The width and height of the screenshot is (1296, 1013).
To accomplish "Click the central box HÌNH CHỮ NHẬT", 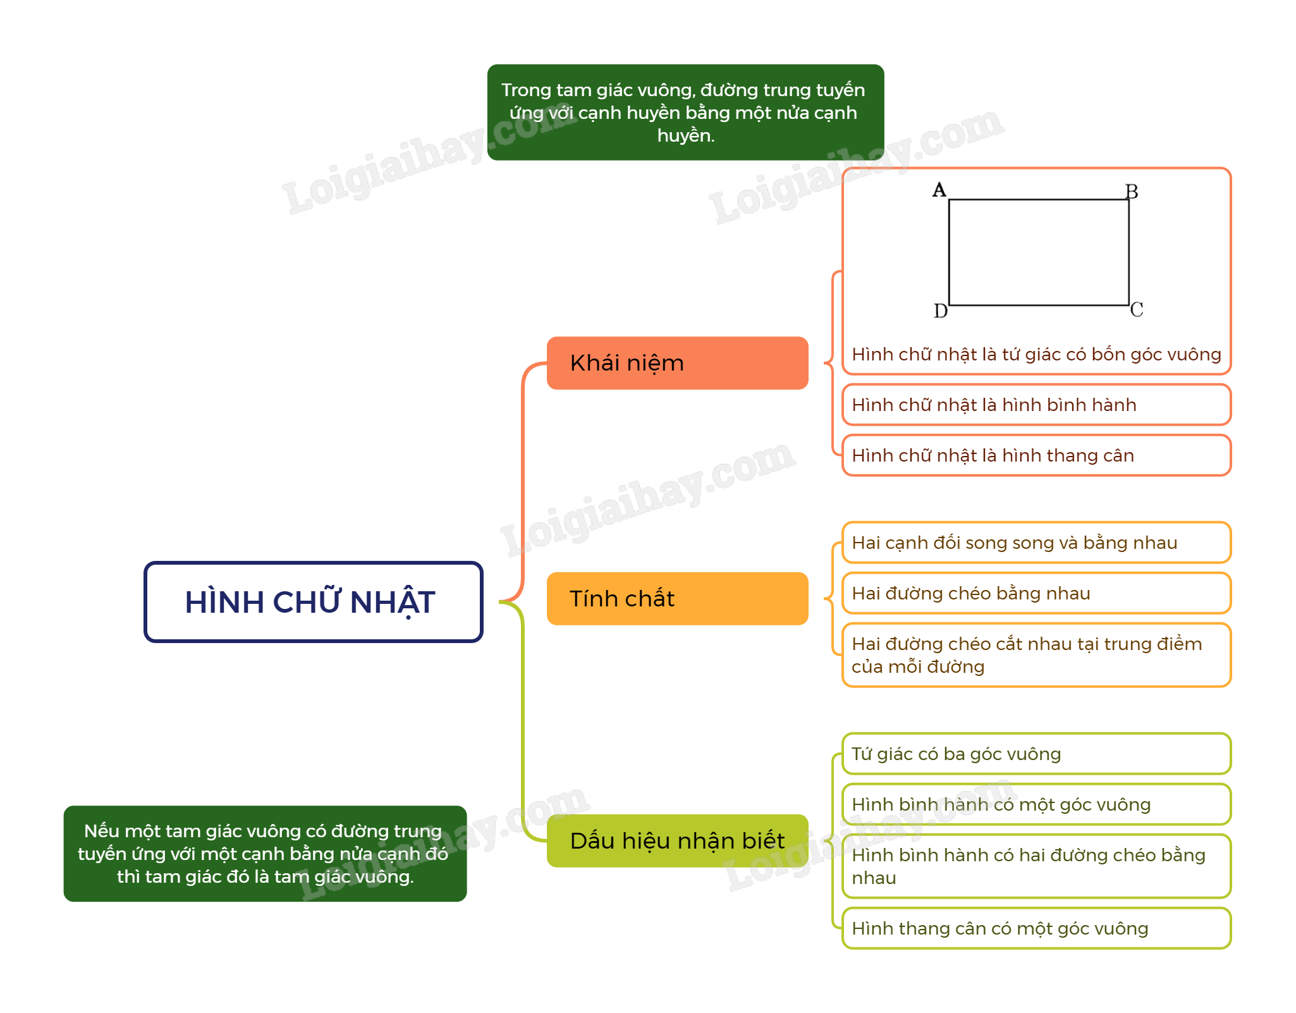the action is click(x=314, y=602).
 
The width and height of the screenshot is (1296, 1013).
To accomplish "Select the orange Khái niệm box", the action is click(x=677, y=363).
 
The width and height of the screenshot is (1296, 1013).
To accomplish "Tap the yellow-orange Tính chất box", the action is click(x=677, y=599).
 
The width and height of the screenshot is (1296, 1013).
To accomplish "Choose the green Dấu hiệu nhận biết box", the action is click(x=677, y=841).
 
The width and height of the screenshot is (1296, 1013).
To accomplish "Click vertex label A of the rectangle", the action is click(x=939, y=190).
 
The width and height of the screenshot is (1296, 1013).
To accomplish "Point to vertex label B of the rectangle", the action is click(x=1132, y=192).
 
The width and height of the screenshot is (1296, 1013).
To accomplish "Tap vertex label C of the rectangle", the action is click(x=1137, y=310).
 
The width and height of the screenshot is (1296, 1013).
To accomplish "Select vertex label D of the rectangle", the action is click(x=941, y=311).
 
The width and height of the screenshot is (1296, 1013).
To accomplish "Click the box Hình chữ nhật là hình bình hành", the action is click(x=1037, y=405).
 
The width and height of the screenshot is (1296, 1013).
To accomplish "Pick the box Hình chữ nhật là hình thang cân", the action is click(x=1037, y=455).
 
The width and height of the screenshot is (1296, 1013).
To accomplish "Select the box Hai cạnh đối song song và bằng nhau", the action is click(x=1037, y=543).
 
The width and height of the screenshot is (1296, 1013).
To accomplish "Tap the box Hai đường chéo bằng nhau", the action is click(x=1037, y=593).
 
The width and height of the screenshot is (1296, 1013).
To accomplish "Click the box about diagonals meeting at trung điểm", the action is click(x=1037, y=655).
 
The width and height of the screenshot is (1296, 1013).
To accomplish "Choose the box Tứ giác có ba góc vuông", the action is click(x=1037, y=754).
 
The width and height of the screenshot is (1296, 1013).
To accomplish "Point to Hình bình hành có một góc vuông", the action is click(x=1037, y=804).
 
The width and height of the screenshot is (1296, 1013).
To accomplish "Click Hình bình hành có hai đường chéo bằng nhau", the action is click(x=1037, y=866).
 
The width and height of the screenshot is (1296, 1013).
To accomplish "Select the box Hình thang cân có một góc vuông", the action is click(x=1037, y=928).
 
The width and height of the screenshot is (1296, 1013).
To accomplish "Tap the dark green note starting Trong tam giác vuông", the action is click(x=686, y=113).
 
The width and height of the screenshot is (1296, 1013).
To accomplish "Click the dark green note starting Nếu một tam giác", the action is click(x=266, y=854).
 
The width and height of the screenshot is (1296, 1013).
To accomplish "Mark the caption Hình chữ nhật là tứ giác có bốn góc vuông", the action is click(x=1037, y=354).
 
